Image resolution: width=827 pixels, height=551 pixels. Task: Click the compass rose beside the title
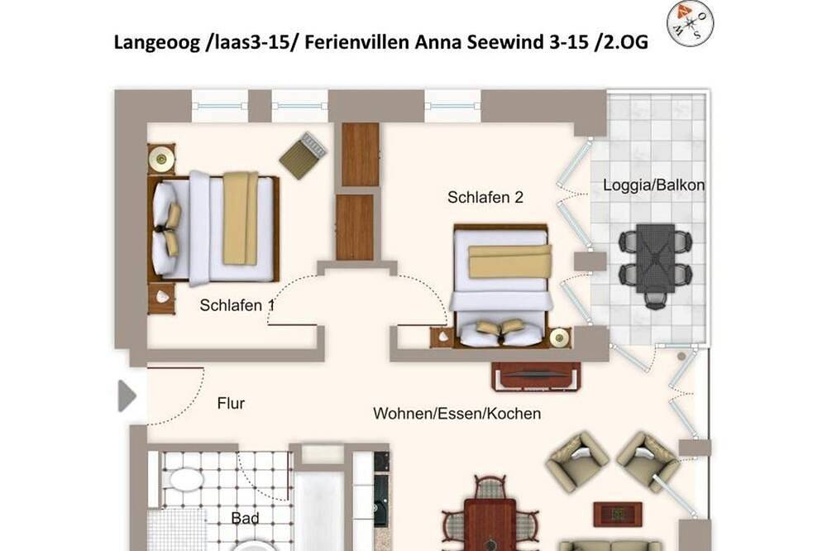[x=690, y=24]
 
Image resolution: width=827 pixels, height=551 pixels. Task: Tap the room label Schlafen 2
[x=485, y=198]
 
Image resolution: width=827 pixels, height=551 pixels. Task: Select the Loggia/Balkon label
[x=653, y=185]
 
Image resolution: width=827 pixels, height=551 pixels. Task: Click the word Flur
[x=231, y=404]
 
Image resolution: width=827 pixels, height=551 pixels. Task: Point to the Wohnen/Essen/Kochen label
[x=457, y=414]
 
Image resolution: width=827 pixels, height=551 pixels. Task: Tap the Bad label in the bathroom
[x=246, y=518]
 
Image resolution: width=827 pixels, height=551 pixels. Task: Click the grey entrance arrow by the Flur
[x=127, y=395]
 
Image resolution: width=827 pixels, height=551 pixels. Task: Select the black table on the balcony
[x=655, y=258]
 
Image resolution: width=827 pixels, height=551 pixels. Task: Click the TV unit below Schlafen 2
[x=537, y=376]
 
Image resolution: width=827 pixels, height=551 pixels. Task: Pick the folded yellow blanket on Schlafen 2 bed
[x=510, y=261]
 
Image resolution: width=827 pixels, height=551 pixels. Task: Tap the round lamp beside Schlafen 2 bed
[x=559, y=338]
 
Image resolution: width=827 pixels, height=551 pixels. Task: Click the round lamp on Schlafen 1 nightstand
[x=160, y=158]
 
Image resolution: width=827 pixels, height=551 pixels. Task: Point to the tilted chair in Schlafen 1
[x=302, y=156]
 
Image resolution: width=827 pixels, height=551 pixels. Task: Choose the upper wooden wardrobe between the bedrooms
[x=361, y=155]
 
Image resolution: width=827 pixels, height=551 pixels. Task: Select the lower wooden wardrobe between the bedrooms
[x=355, y=228]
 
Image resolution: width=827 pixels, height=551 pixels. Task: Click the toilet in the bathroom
[x=184, y=480]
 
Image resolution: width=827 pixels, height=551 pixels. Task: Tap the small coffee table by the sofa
[x=618, y=514]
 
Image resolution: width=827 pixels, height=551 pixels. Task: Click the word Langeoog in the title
[x=155, y=42]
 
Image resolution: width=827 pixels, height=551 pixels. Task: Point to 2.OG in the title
[x=626, y=41]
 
